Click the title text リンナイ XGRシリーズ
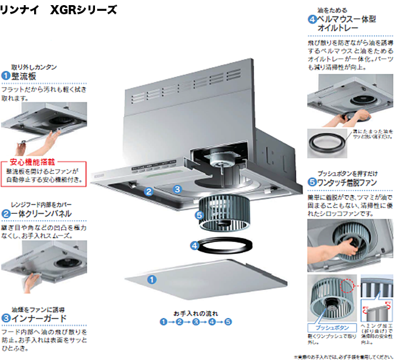click(60, 10)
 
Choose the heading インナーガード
click(39, 318)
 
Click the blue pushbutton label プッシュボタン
click(326, 328)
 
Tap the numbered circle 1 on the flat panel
click(152, 279)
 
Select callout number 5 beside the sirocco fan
click(198, 215)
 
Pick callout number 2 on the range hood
click(148, 192)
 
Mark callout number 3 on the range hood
click(177, 188)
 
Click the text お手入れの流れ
click(195, 313)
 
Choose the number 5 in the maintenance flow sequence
click(228, 322)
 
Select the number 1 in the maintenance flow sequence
click(163, 322)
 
